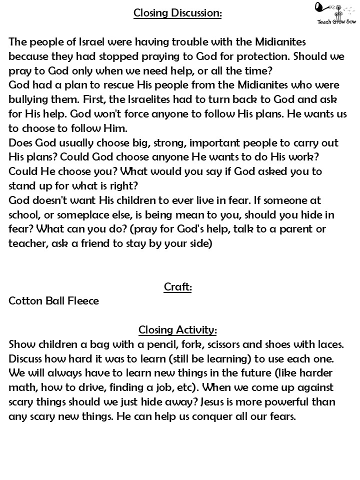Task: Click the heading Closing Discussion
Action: click(177, 13)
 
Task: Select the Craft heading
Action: click(177, 287)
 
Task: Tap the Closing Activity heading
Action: click(177, 330)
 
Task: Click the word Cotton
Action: click(24, 301)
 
